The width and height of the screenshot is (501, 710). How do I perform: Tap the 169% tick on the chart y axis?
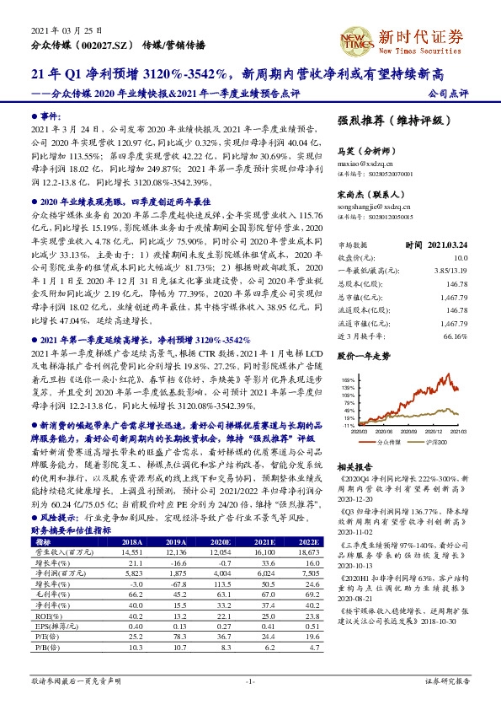345,358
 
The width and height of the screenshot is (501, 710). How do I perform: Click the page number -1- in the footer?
250,680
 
